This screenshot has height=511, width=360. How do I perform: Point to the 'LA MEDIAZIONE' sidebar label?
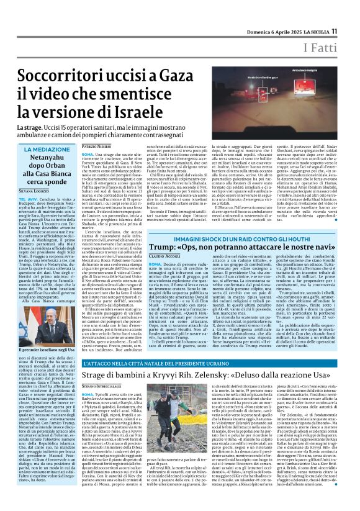(48, 150)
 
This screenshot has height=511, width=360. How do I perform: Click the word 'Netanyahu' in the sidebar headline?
(48, 160)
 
